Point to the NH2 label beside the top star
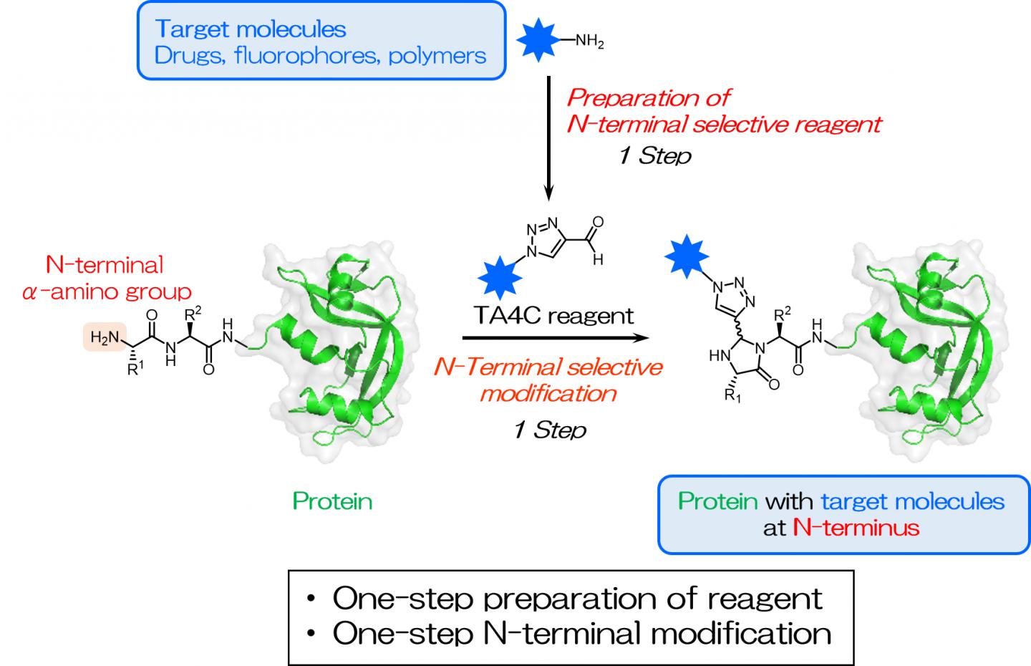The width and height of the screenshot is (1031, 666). click(589, 42)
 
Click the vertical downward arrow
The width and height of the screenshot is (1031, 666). click(548, 136)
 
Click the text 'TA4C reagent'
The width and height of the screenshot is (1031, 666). click(554, 315)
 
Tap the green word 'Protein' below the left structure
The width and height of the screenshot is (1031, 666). click(332, 501)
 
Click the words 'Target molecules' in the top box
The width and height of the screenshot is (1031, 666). click(251, 29)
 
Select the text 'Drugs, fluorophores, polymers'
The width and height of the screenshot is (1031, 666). click(320, 55)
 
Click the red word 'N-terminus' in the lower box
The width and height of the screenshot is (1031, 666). click(856, 528)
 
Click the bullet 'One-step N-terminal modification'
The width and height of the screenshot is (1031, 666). click(581, 633)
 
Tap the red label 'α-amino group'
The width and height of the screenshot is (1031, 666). click(107, 291)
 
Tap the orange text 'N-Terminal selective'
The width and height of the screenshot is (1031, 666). click(548, 367)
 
